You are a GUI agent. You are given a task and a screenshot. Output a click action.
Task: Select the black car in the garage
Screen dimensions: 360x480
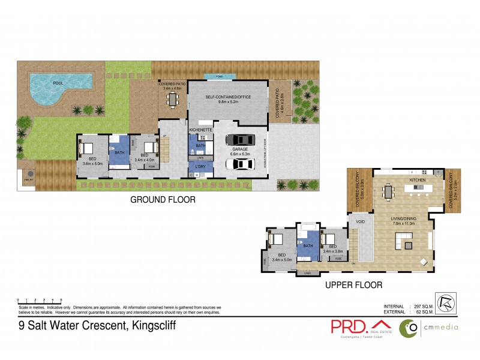(240, 140)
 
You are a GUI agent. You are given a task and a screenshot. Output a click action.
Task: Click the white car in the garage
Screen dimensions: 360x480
(240, 163)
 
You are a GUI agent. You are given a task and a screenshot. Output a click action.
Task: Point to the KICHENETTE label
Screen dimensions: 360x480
(201, 129)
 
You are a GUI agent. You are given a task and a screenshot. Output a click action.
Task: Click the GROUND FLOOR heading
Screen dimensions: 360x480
(163, 200)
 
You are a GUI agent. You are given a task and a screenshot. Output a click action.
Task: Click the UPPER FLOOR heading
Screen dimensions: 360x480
(354, 285)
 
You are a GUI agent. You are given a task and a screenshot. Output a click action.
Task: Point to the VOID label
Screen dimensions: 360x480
(360, 221)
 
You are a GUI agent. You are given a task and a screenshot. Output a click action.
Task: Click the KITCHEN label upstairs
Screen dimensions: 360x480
(418, 180)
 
